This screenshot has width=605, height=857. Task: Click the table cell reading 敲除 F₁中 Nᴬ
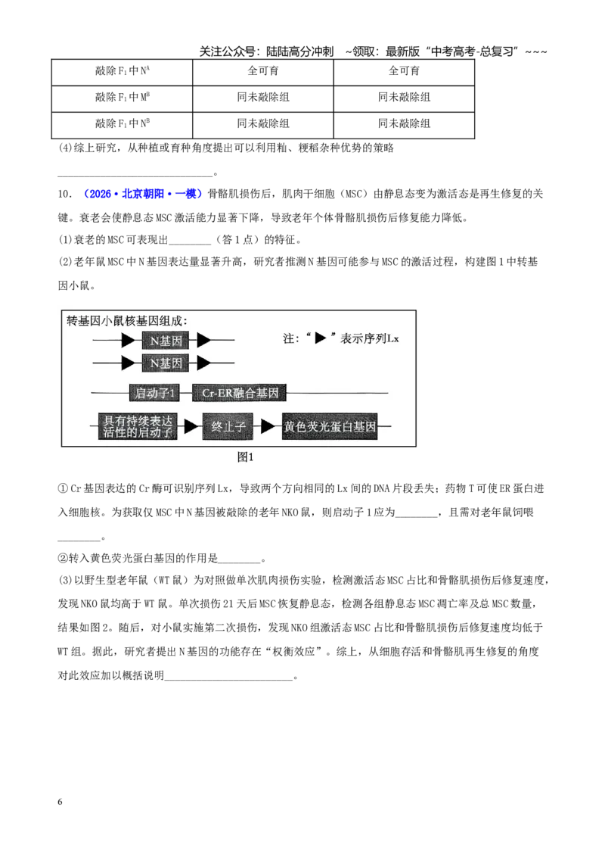[122, 72]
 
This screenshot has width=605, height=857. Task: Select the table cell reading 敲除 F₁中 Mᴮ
[122, 98]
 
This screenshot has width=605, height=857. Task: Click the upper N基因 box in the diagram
[166, 341]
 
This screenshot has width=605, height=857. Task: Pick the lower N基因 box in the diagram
[166, 363]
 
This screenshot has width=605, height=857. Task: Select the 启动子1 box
[154, 393]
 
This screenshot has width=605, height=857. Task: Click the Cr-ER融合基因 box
[239, 393]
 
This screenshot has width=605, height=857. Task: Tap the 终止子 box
[228, 426]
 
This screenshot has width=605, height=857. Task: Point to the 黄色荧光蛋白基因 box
[329, 426]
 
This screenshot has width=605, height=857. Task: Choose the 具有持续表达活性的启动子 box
[137, 426]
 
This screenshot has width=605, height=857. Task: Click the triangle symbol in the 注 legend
[321, 338]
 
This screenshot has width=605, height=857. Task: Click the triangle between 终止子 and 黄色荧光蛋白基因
[268, 426]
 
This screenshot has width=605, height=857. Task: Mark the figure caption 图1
[245, 457]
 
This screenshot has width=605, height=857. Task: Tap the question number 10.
[64, 194]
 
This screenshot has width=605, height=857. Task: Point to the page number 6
[60, 802]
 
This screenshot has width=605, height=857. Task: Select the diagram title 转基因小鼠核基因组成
[126, 321]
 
